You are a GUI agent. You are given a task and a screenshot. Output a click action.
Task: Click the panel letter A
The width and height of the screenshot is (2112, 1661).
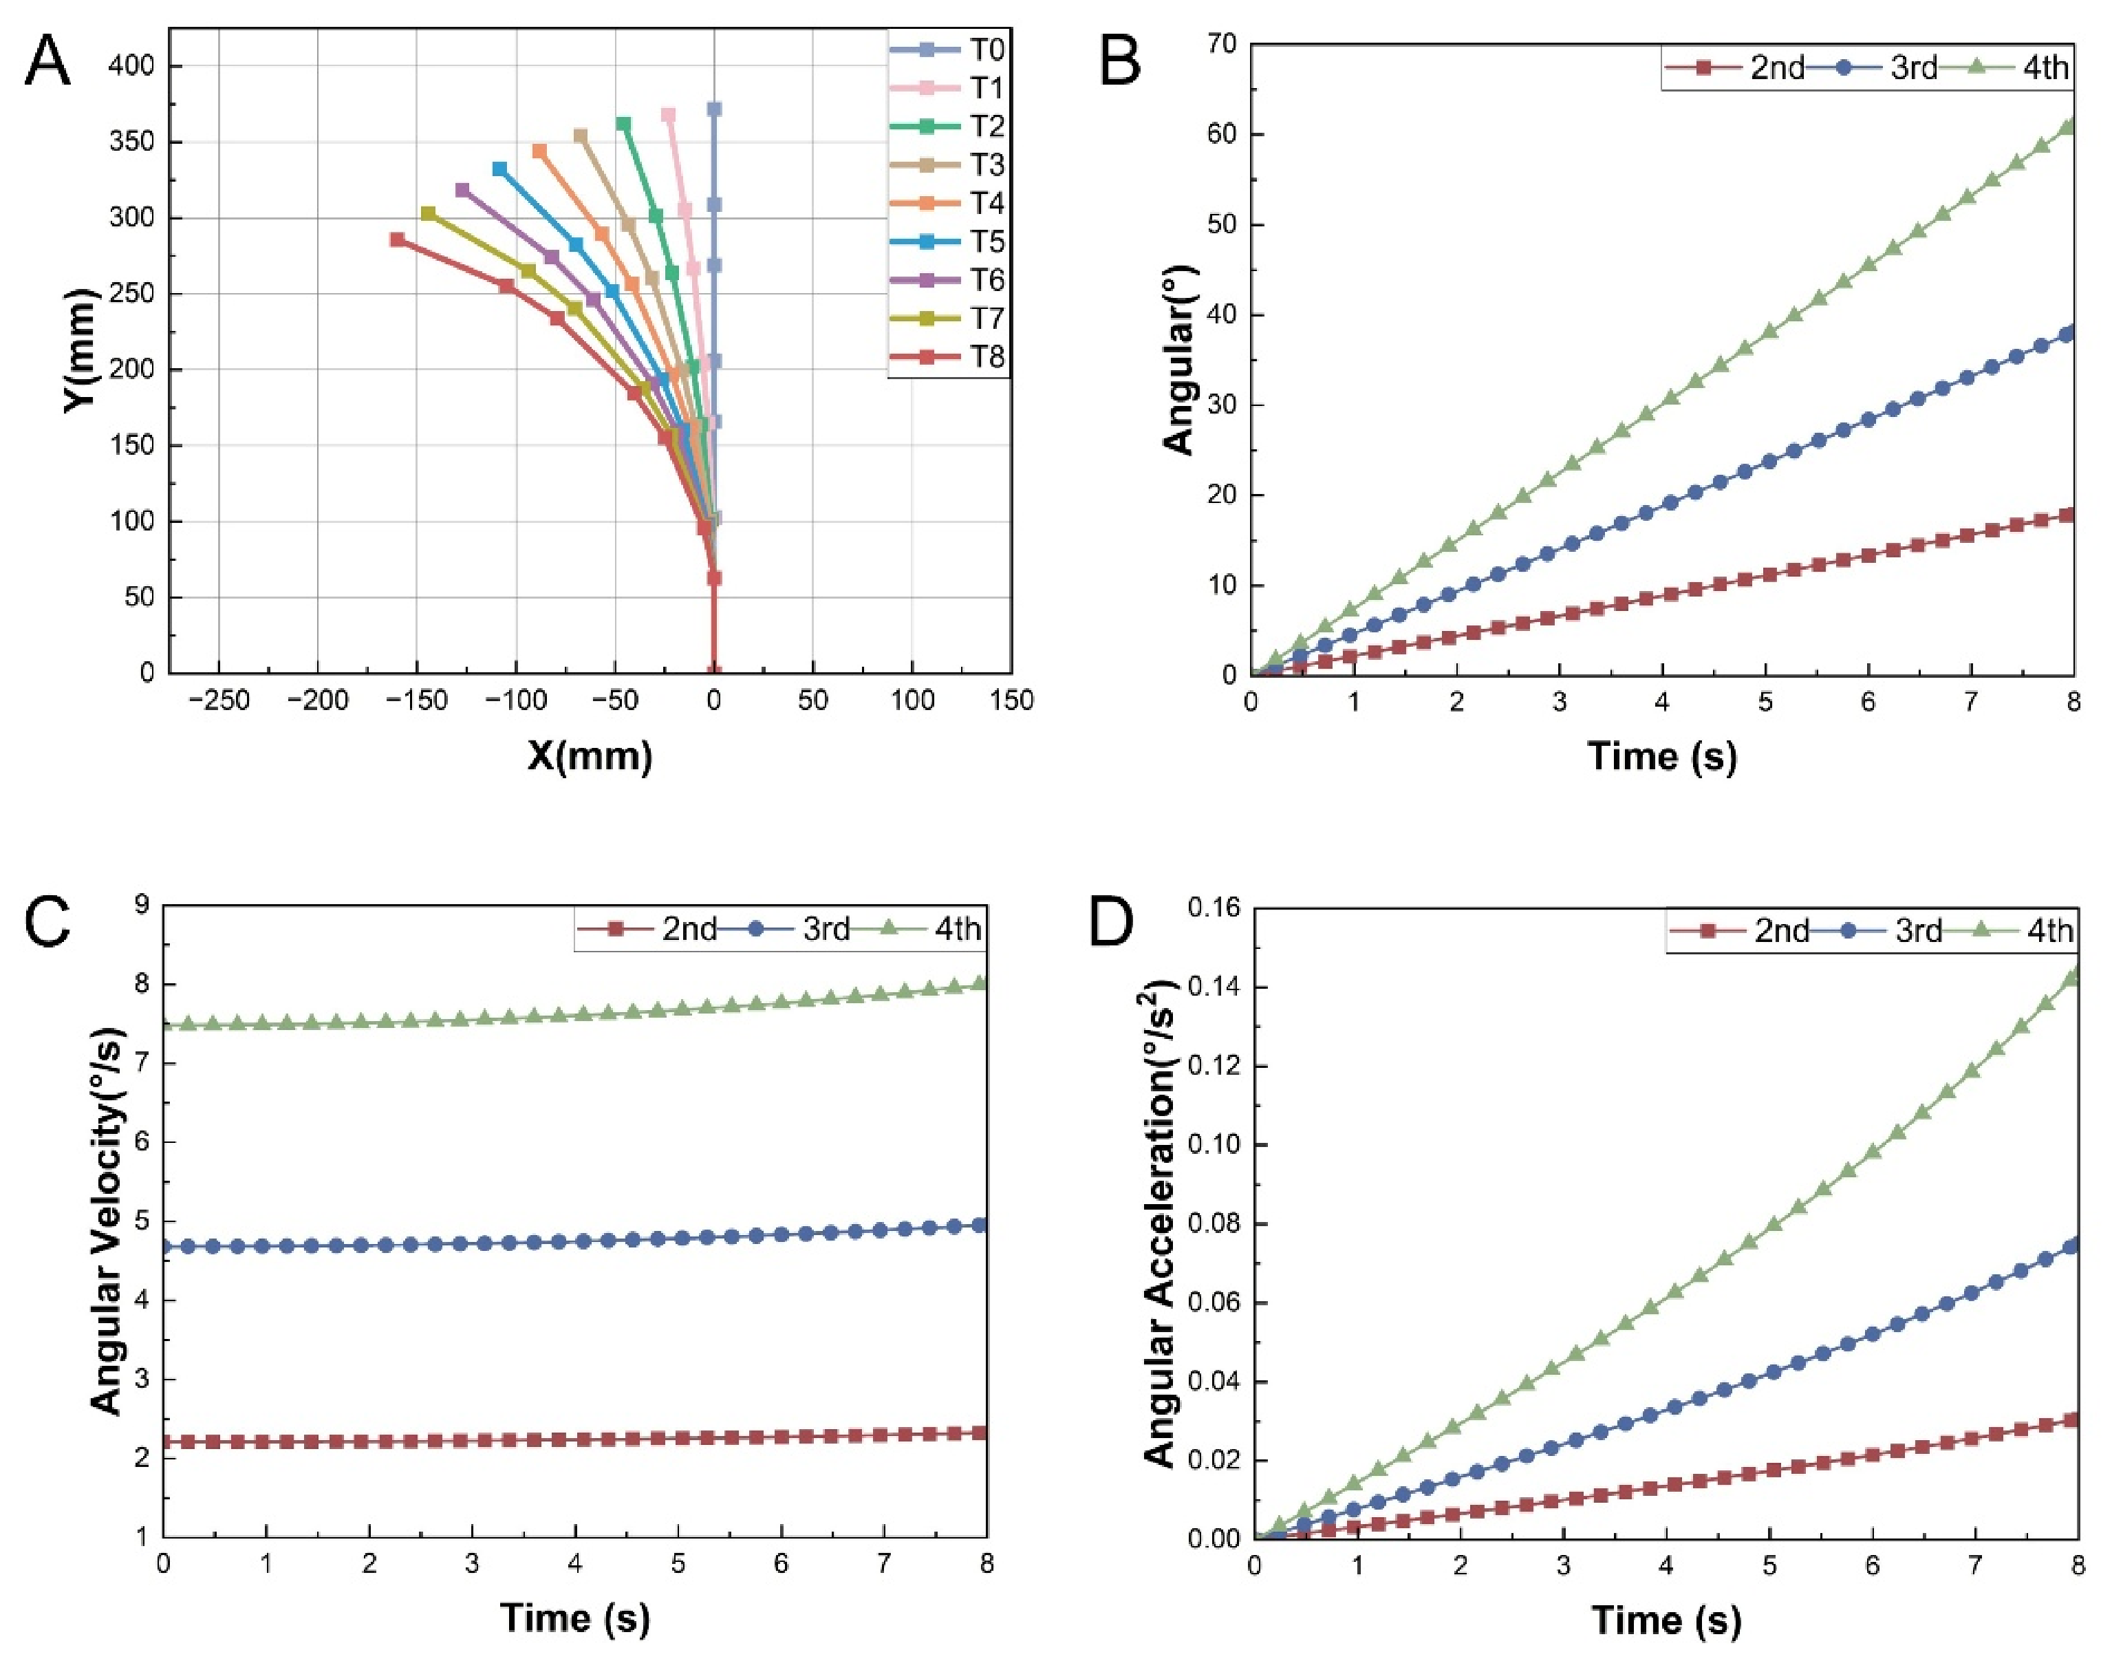tap(47, 61)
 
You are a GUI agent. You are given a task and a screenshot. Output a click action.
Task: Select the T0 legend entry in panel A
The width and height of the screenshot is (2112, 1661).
tap(948, 50)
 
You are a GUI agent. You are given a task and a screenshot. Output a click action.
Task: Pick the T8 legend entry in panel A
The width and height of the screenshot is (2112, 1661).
tap(948, 357)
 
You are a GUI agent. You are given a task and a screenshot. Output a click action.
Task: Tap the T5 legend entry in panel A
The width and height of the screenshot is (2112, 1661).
tap(948, 242)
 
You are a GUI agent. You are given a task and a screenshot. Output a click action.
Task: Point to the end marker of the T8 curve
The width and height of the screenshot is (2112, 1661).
tap(397, 239)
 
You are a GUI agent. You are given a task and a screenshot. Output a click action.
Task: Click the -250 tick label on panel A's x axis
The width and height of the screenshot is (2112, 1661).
tap(219, 700)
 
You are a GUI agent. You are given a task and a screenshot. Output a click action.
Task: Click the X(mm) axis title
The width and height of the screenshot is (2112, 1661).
tap(590, 755)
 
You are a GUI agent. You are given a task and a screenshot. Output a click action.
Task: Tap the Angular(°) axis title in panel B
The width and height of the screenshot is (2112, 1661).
tap(1178, 360)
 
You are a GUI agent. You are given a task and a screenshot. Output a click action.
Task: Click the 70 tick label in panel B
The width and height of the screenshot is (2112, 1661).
tap(1223, 44)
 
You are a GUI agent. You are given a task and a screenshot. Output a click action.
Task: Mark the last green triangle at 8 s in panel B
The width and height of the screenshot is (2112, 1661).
tap(2069, 125)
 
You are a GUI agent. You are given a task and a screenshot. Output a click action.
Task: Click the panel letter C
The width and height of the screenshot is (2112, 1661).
tap(47, 922)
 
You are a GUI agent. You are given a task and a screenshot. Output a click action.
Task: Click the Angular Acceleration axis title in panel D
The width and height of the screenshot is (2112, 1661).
tap(1160, 1223)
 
